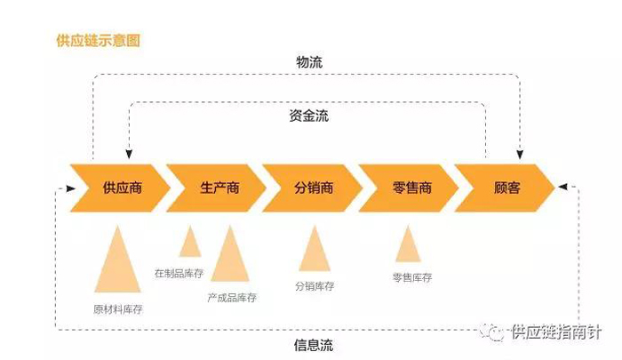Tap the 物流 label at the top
pos(309,63)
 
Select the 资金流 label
pos(309,116)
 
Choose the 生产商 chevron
pos(216,188)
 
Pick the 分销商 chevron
pos(312,188)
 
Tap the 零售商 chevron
pos(408,188)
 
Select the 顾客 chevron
pos(506,188)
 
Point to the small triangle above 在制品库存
pos(190,244)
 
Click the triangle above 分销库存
pos(315,252)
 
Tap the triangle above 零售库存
pos(408,247)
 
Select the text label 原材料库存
pos(118,309)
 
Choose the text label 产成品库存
pos(232,298)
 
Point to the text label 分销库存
pos(315,286)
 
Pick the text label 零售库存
pos(411,277)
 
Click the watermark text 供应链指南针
pos(555,332)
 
